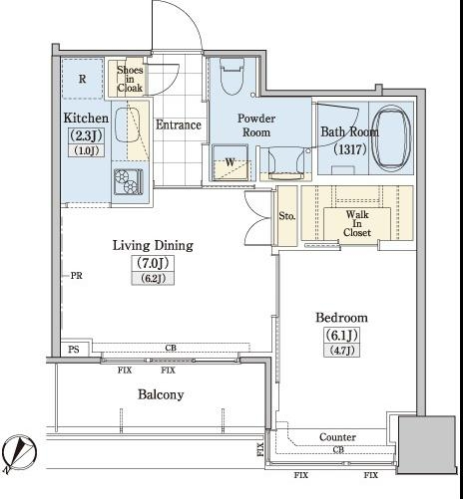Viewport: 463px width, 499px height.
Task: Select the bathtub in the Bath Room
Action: click(391, 138)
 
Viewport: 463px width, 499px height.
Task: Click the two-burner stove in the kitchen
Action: click(128, 181)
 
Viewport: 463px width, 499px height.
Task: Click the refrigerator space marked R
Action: click(82, 79)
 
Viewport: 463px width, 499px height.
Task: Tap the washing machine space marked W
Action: click(231, 162)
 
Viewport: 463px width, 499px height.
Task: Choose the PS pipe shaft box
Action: click(74, 349)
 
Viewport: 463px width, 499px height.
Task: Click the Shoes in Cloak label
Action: click(130, 79)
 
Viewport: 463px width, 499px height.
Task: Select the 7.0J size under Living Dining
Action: click(153, 263)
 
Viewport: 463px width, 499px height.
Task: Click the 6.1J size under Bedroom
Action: click(341, 335)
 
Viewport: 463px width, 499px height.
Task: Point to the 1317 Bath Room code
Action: click(350, 149)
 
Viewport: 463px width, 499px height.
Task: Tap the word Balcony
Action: click(161, 394)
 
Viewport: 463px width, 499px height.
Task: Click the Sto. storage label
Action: click(287, 216)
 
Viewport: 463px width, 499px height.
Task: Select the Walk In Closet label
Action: click(357, 223)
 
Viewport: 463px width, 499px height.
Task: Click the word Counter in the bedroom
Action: click(337, 437)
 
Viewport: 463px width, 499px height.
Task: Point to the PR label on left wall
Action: click(77, 276)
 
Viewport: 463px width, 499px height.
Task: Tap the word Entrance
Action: click(179, 125)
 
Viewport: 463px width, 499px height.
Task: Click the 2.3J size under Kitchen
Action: click(86, 135)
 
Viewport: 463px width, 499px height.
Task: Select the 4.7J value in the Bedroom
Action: click(341, 350)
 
